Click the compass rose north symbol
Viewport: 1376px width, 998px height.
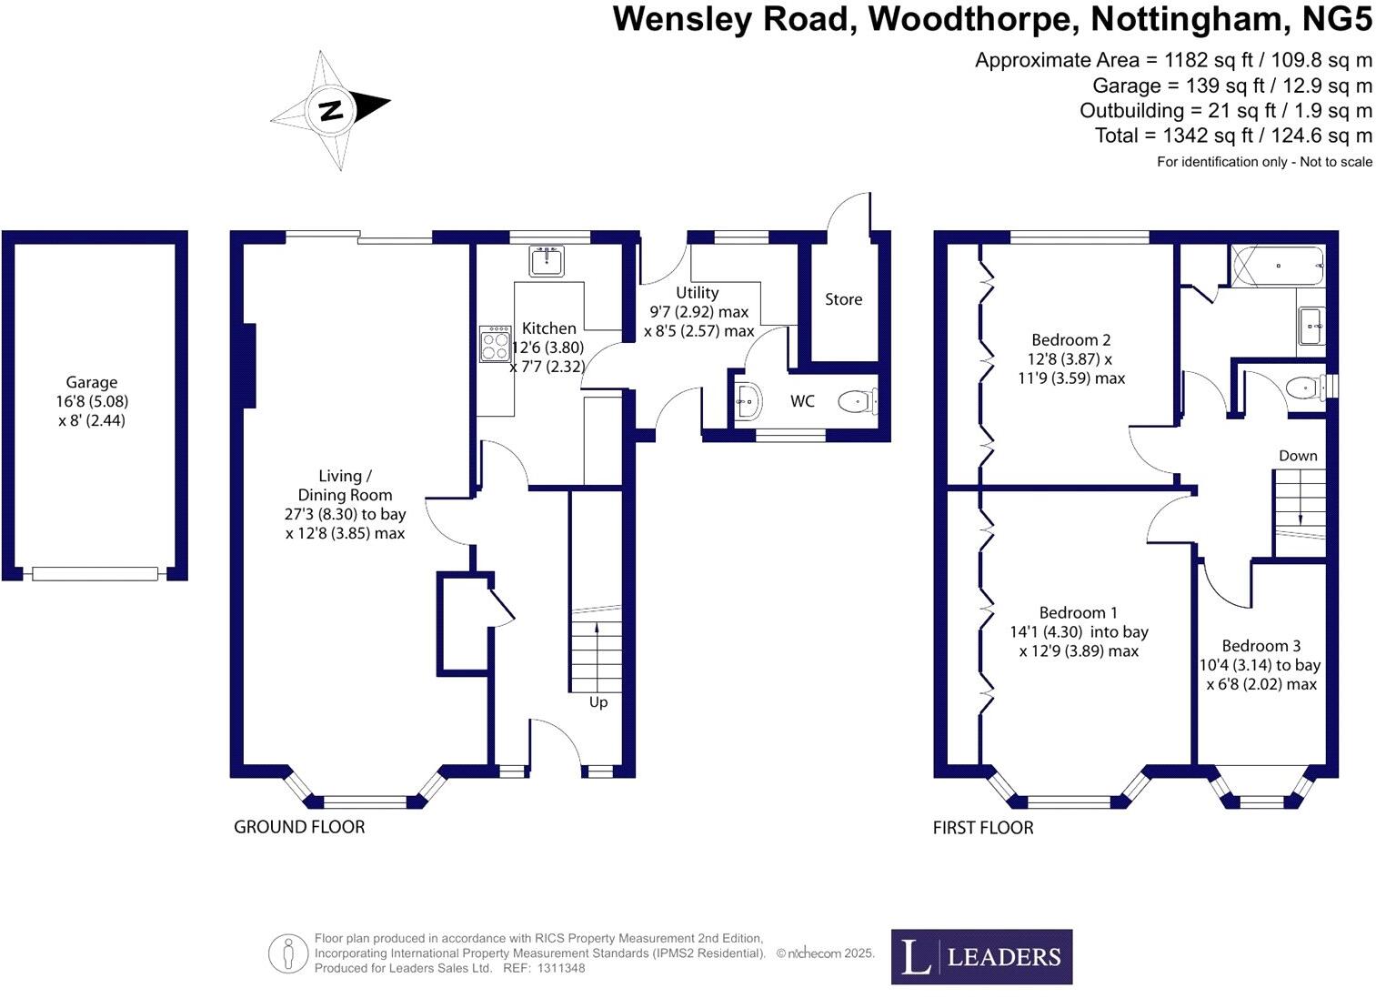[x=330, y=110]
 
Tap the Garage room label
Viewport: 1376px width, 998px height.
[x=91, y=383]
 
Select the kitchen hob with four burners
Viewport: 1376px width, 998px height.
[x=496, y=344]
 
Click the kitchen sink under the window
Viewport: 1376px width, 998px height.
[x=547, y=260]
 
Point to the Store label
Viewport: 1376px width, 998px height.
[x=843, y=299]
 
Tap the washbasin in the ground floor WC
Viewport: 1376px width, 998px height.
[x=747, y=401]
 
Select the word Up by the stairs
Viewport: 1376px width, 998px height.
[x=598, y=702]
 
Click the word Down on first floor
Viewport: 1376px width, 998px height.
[x=1298, y=456]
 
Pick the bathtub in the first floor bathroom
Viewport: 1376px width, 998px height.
[x=1277, y=266]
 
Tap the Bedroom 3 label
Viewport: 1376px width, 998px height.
[x=1260, y=646]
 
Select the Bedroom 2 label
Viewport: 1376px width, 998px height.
[x=1070, y=340]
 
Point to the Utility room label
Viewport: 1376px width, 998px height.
[x=697, y=293]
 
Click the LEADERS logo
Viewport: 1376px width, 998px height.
[x=981, y=956]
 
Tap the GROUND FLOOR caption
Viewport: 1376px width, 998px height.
[x=299, y=827]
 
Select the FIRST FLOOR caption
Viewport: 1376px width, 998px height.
[x=983, y=828]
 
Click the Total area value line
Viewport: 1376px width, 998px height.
[x=1233, y=136]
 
